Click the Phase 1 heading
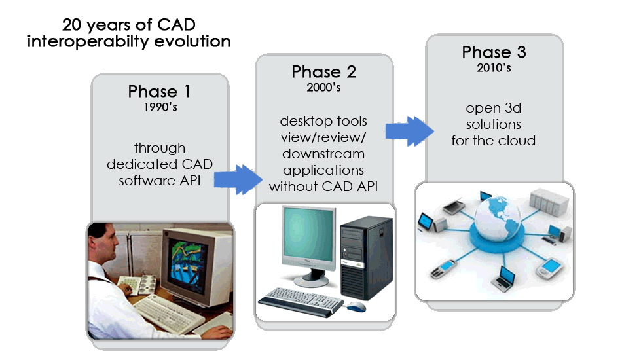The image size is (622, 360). pos(160,92)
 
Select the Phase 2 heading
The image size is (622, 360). pos(323,72)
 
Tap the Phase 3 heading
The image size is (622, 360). pos(494,52)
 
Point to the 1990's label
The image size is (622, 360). pos(160,107)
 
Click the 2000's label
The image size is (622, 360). pos(323,87)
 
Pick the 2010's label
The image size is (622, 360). pos(494,68)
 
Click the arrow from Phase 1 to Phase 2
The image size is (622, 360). pos(238,179)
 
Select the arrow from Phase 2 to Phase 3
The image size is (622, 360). pos(410,131)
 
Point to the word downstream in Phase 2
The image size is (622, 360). pos(323,154)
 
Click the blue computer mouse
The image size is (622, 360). pos(356,306)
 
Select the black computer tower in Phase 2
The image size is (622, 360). pos(367,258)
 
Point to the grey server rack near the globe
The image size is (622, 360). pos(549,202)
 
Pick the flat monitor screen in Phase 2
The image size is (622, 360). pos(308,236)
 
